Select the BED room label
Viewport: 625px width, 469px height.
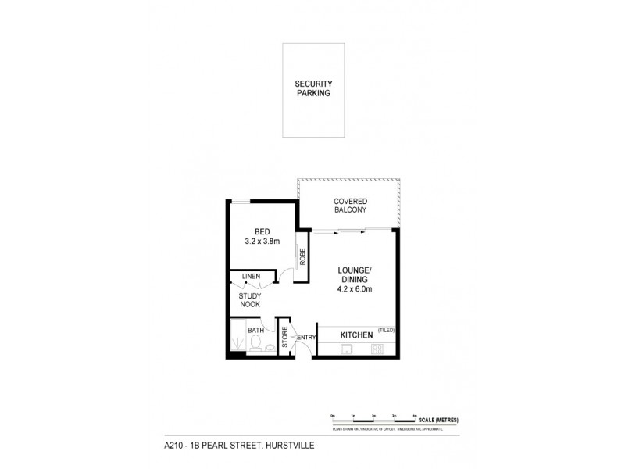click(262, 231)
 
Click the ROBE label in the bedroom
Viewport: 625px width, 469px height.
click(299, 254)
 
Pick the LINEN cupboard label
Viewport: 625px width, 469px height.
click(251, 277)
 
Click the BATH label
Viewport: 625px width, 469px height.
click(255, 331)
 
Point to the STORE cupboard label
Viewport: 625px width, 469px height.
click(285, 338)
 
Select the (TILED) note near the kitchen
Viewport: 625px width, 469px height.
click(387, 329)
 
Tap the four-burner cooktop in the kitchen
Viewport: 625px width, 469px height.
click(377, 349)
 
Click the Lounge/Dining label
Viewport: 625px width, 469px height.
click(354, 275)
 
